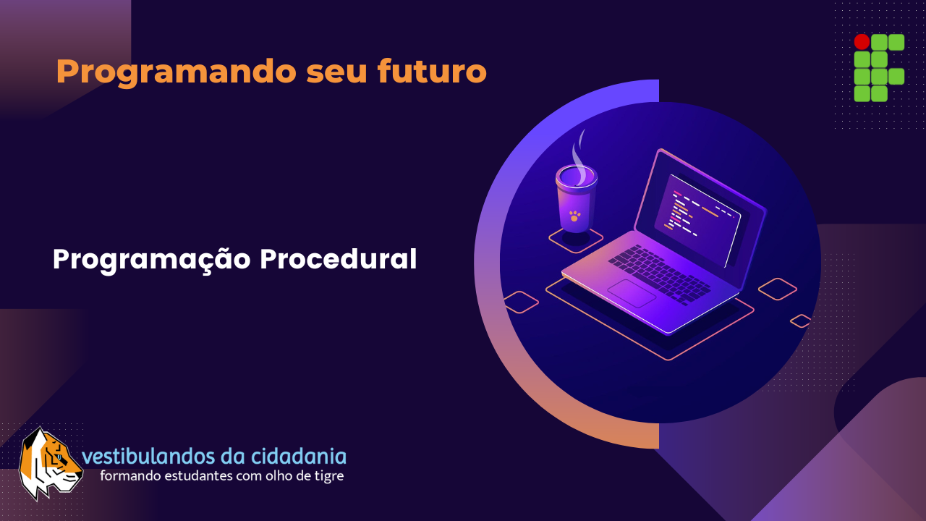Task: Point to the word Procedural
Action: (x=338, y=259)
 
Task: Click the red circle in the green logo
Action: (x=862, y=42)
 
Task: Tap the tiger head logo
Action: (x=49, y=463)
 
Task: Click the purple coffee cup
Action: (x=576, y=199)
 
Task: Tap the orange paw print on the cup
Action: (x=575, y=216)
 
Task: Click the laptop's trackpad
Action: (x=632, y=292)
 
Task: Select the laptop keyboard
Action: (x=658, y=271)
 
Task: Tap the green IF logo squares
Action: (x=879, y=68)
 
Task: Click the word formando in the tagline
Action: (x=125, y=476)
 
